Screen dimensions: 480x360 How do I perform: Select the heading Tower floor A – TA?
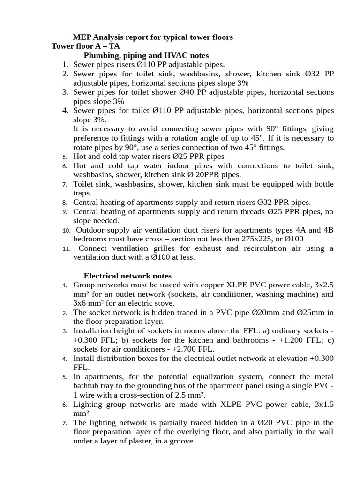[x=85, y=46]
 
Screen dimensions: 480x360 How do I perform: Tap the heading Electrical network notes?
[x=127, y=276]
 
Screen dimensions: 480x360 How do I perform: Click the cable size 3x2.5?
[x=324, y=285]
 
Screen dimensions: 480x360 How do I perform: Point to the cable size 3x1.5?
[x=324, y=404]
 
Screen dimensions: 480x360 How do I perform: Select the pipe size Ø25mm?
[x=308, y=312]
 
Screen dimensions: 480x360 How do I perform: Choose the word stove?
[x=151, y=303]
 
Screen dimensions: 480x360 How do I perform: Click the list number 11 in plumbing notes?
[x=66, y=248]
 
